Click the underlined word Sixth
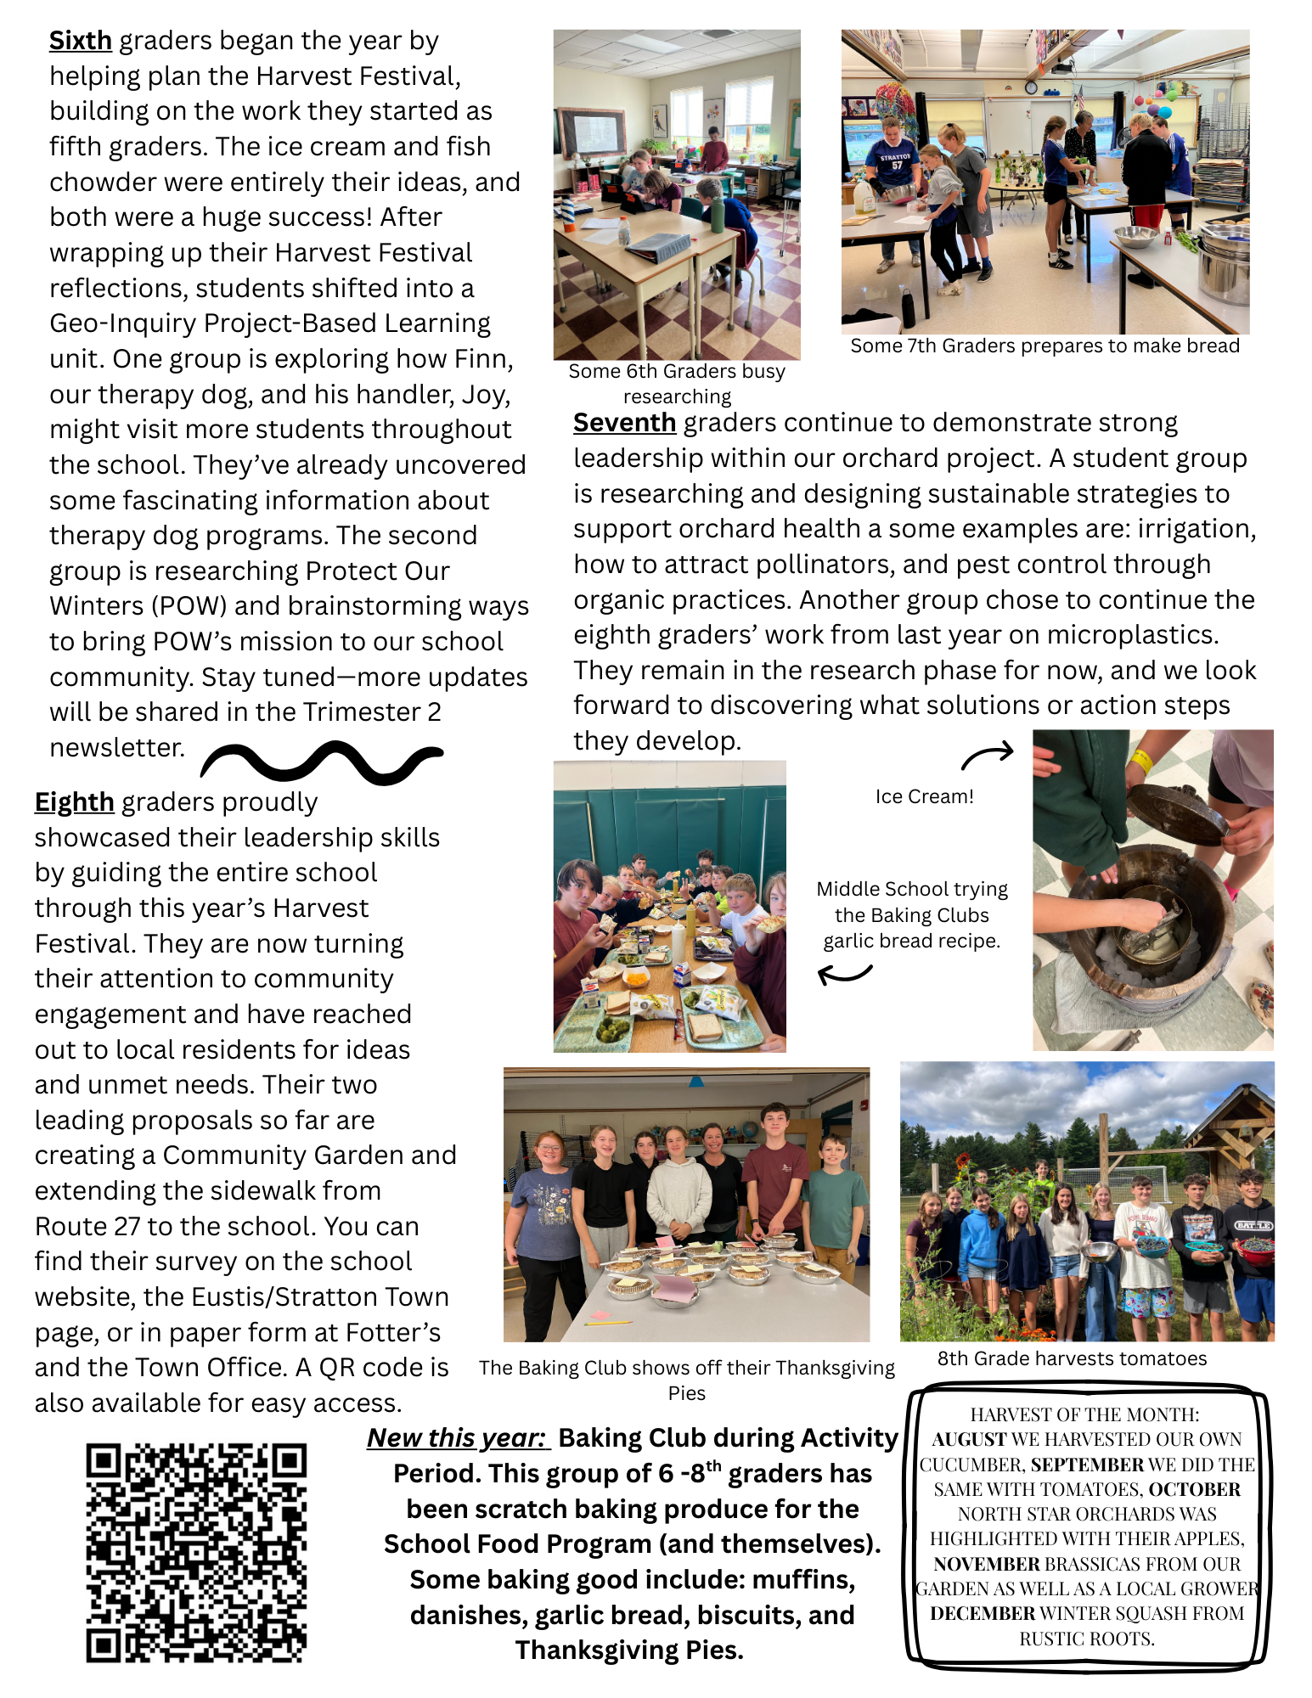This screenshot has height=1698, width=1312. click(80, 41)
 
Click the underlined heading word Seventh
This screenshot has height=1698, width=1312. click(624, 423)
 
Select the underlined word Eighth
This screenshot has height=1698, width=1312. click(74, 802)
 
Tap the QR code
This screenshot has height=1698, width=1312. click(196, 1553)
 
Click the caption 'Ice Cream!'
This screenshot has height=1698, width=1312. click(924, 796)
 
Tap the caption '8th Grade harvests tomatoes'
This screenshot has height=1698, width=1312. click(1072, 1358)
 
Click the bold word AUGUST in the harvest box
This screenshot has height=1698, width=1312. click(969, 1440)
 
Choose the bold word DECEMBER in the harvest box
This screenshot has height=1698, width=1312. click(983, 1614)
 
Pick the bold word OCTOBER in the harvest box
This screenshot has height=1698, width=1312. click(1195, 1490)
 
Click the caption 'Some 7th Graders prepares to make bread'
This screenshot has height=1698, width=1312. click(1045, 346)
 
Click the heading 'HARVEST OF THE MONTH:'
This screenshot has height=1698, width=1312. click(1084, 1414)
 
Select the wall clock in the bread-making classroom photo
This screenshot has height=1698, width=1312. click(1030, 87)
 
